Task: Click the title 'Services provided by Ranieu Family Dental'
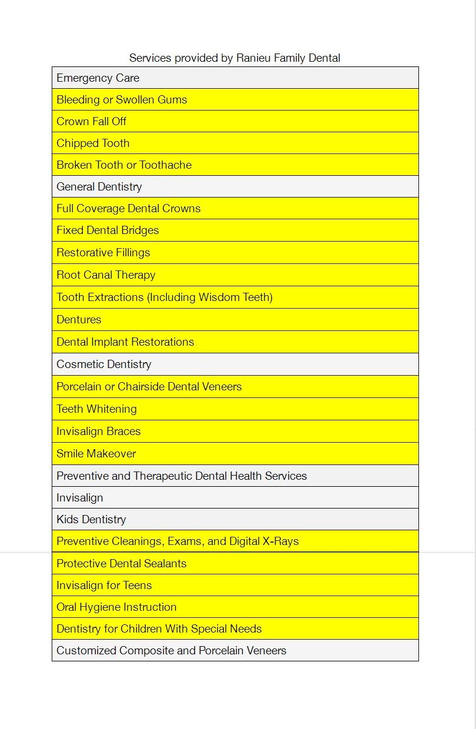pos(234,58)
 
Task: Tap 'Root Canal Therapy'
pos(106,275)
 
